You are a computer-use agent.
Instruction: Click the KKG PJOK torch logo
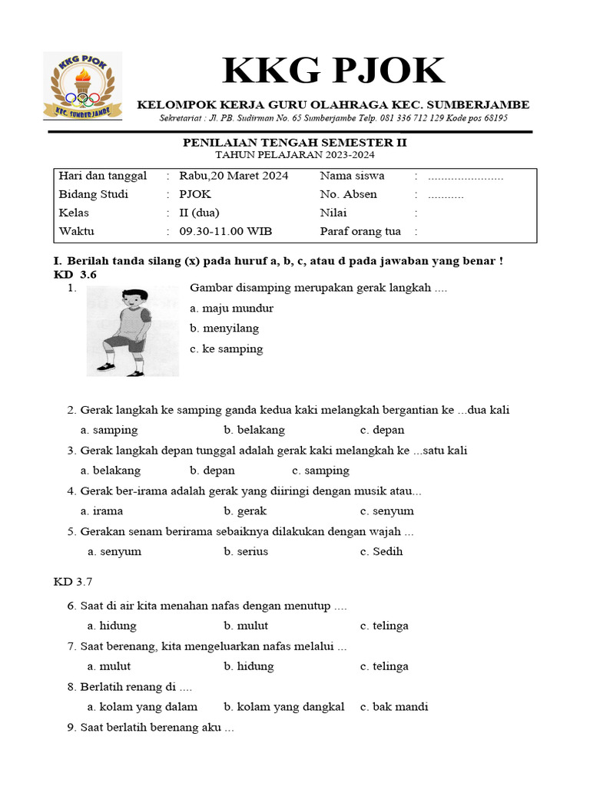[81, 86]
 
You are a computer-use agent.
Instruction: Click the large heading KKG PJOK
[333, 71]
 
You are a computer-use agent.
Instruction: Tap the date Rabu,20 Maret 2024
[234, 176]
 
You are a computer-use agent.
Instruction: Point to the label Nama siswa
[352, 176]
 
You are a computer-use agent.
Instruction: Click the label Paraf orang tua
[360, 231]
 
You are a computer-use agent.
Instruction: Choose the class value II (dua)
[199, 213]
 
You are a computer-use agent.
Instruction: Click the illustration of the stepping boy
[132, 331]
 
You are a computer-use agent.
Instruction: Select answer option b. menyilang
[224, 328]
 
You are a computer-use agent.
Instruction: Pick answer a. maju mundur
[231, 308]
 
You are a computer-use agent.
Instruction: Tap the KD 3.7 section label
[73, 583]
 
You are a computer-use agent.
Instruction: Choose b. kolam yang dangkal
[283, 706]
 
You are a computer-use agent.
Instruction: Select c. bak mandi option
[394, 706]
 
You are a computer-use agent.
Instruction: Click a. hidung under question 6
[111, 626]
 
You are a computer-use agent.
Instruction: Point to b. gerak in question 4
[245, 510]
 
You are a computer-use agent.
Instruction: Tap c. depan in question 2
[382, 430]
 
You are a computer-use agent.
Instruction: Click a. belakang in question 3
[111, 470]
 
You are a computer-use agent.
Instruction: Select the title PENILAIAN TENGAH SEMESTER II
[294, 143]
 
